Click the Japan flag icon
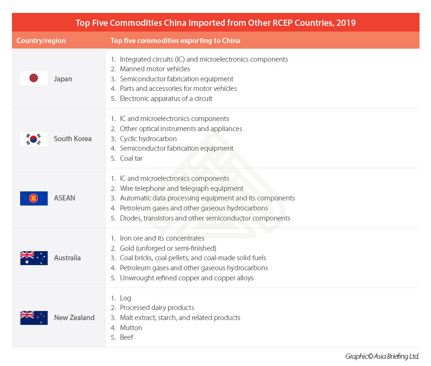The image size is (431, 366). (x=34, y=78)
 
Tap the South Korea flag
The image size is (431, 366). (x=34, y=139)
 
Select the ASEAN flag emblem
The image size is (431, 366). (x=34, y=198)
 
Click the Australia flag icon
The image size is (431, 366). (x=34, y=258)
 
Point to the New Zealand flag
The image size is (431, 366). (x=34, y=318)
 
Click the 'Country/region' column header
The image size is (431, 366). (x=41, y=41)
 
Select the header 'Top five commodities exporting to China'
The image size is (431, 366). (x=175, y=41)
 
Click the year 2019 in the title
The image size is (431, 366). (x=346, y=22)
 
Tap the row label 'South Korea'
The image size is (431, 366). (x=73, y=139)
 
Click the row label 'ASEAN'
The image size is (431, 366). (x=65, y=198)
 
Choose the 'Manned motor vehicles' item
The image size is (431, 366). (x=155, y=69)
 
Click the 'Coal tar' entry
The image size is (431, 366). (x=131, y=158)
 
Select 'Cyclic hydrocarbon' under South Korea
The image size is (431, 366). (x=148, y=139)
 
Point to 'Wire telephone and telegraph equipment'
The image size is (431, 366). (x=181, y=189)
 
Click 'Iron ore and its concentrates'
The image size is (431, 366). (x=162, y=238)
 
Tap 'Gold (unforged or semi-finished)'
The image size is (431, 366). (x=168, y=248)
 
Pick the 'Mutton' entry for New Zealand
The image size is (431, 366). (x=131, y=328)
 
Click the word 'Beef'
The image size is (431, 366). (x=126, y=337)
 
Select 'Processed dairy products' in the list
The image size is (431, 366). (x=157, y=308)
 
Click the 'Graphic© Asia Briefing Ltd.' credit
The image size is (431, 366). (x=382, y=356)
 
